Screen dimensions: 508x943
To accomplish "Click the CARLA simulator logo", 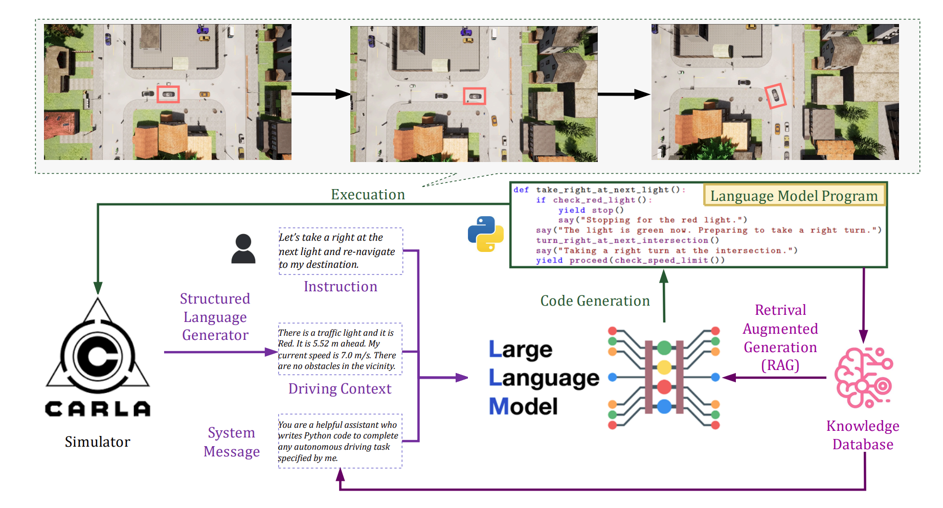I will (x=98, y=358).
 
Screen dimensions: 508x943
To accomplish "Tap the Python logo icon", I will (x=485, y=234).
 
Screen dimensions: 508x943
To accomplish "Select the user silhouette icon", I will (x=243, y=249).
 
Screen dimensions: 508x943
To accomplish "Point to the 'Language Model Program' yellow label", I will (x=794, y=196).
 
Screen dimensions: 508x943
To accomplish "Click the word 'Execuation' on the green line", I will (x=368, y=195).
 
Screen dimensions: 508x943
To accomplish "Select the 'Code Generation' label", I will (x=595, y=301).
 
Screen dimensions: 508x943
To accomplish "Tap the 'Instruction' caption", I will (x=341, y=287).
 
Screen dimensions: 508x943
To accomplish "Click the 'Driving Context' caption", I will (x=340, y=389).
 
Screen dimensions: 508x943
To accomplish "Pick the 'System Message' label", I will (x=232, y=442).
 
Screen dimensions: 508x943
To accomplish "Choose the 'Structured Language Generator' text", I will (x=215, y=317).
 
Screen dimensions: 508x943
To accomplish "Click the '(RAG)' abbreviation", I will (x=780, y=365).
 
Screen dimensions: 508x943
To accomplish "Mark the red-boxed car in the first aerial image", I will (x=168, y=94).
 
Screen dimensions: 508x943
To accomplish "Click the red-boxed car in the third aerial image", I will (x=775, y=96).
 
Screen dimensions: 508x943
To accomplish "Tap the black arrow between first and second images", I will (x=321, y=94).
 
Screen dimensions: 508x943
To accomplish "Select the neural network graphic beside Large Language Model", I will (x=664, y=377).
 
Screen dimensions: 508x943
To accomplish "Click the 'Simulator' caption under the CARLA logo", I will (x=98, y=442).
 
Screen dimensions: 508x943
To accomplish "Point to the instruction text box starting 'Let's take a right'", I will (x=341, y=251).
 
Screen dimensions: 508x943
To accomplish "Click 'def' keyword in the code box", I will (x=521, y=190).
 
